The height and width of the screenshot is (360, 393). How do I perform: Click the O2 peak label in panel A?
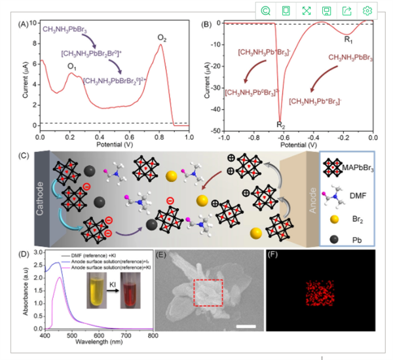(161, 38)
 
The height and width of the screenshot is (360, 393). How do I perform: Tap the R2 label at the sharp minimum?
(280, 124)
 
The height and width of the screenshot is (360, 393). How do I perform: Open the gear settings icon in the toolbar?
(367, 11)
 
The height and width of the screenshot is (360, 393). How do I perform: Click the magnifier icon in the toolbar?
(265, 11)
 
